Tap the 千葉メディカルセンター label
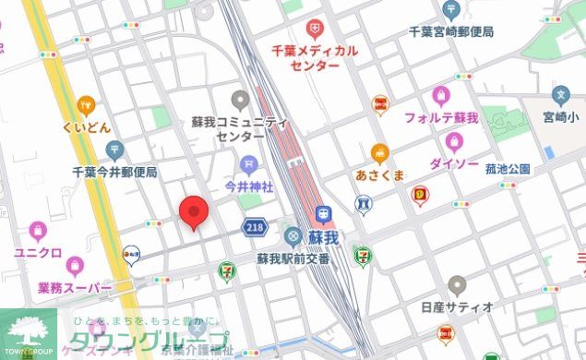[x=314, y=58]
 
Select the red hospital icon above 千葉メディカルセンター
[x=315, y=30]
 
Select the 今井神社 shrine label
[x=249, y=186]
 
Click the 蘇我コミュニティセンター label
[x=240, y=128]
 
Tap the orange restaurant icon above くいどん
[x=86, y=105]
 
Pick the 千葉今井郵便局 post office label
[x=114, y=172]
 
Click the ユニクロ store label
[x=37, y=252]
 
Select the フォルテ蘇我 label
[x=441, y=117]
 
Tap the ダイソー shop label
[x=453, y=163]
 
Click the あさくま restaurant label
[x=379, y=174]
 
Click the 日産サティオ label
[x=457, y=306]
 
